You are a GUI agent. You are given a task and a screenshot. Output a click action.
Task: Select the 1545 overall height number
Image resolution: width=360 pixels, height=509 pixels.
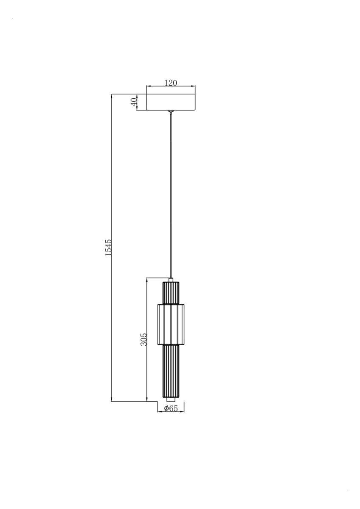click(108, 248)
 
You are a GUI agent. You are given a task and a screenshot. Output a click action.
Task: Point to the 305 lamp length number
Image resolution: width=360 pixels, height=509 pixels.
click(144, 338)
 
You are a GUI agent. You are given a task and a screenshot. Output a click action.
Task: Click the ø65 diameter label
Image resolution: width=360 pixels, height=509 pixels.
click(170, 408)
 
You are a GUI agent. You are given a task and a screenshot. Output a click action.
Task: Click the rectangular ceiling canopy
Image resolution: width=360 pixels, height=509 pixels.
click(171, 102)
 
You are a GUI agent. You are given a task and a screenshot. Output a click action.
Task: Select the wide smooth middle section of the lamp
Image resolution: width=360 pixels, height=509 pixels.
click(170, 324)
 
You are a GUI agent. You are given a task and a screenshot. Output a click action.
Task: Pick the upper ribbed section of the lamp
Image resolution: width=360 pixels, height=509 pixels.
click(170, 293)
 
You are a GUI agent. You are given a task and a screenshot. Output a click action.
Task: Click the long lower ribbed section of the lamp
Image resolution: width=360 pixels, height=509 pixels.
click(170, 372)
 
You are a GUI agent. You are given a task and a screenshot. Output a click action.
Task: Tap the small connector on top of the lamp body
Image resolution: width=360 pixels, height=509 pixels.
click(171, 280)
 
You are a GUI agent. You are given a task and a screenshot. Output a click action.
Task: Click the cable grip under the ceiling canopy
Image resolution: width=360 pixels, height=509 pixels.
click(171, 112)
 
